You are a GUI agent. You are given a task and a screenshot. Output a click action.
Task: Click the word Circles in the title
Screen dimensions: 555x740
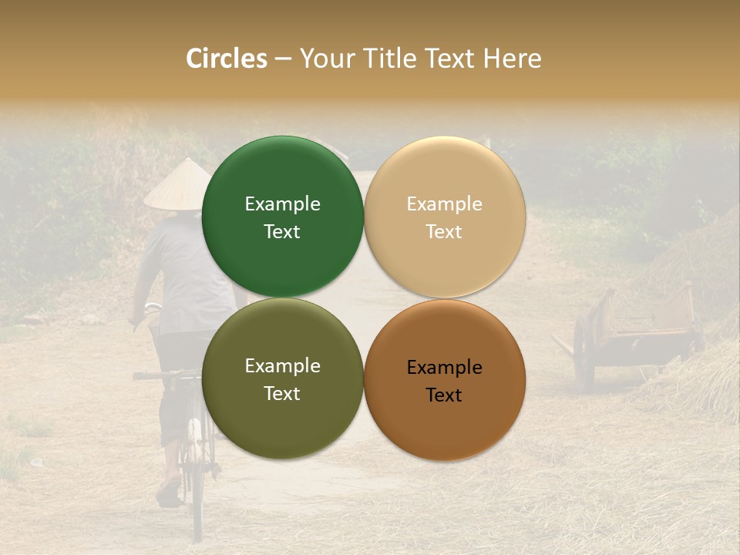[226, 59]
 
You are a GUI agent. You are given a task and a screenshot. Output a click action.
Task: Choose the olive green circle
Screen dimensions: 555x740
[282, 416]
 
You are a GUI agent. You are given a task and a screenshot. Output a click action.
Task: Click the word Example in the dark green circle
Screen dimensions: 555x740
[282, 203]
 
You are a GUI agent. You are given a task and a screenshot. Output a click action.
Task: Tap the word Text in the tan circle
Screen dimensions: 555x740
[444, 232]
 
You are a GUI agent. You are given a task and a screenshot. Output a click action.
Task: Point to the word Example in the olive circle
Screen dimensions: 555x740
[282, 365]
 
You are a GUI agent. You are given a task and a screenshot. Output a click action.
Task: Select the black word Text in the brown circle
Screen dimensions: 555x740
[444, 395]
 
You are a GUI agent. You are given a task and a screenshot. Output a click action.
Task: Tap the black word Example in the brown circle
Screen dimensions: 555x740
[444, 368]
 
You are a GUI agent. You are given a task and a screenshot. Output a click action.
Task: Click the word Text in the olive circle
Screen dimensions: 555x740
[282, 394]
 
